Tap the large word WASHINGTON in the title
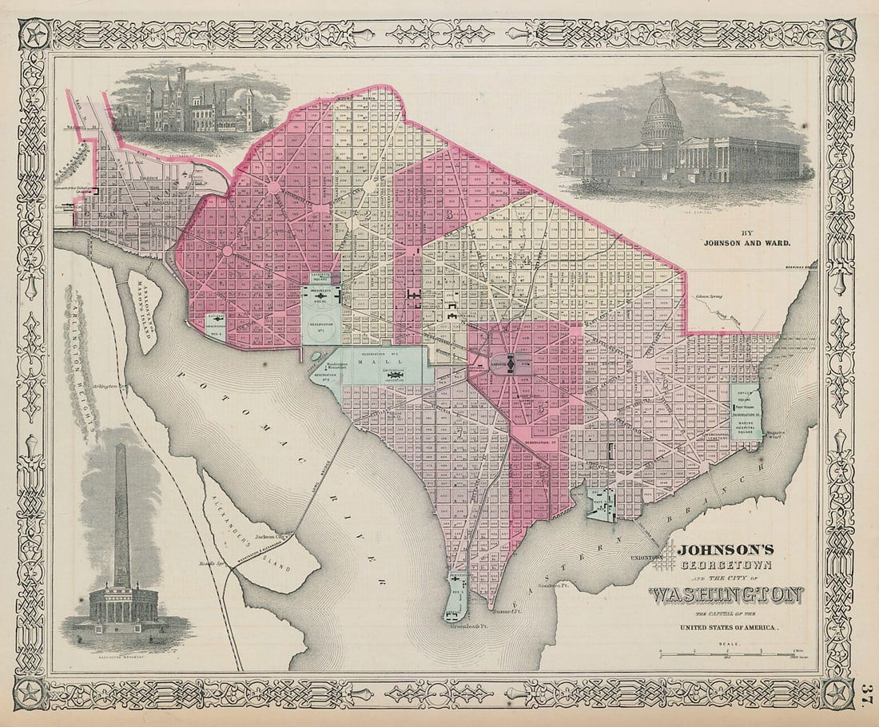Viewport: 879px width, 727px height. pyautogui.click(x=726, y=595)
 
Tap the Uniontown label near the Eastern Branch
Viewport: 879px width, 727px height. pyautogui.click(x=646, y=558)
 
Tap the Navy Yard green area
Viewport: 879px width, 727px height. pyautogui.click(x=600, y=505)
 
